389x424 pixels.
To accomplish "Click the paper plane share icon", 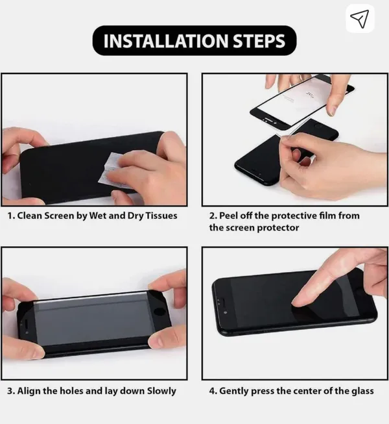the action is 360,19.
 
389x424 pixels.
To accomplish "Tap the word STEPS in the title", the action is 259,41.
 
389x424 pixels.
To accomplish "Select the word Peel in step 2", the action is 229,216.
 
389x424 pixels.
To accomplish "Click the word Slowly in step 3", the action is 161,391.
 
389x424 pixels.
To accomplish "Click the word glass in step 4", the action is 362,391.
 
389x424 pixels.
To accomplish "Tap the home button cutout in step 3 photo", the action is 159,312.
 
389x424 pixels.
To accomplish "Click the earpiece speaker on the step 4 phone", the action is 223,302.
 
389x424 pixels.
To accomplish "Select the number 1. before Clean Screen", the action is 11,216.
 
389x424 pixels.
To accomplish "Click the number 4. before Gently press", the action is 213,391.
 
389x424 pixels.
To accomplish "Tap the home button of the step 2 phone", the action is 318,126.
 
